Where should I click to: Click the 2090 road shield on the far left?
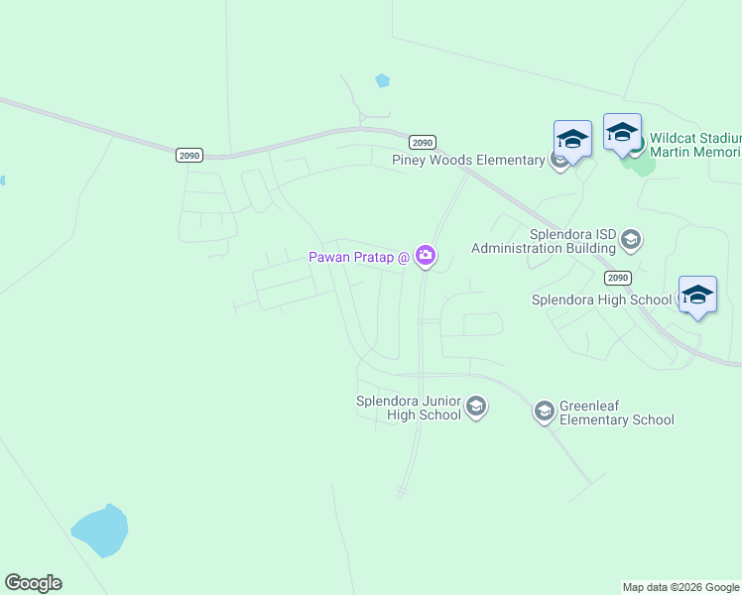[188, 155]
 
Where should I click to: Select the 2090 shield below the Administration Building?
[617, 278]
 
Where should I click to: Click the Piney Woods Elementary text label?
[468, 160]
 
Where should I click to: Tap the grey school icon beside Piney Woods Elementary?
[559, 161]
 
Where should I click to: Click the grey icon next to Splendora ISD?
[631, 239]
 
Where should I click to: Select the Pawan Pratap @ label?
[359, 257]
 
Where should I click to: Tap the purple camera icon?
[426, 257]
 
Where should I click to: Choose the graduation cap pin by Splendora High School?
[697, 295]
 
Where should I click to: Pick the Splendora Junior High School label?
[409, 408]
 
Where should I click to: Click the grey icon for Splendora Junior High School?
[477, 407]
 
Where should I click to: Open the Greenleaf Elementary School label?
[616, 413]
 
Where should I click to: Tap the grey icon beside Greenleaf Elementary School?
[544, 411]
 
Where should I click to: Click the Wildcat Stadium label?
[694, 138]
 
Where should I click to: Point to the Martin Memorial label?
[694, 152]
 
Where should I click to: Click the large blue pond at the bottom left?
[99, 532]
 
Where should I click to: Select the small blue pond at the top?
[382, 80]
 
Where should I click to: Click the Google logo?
[34, 583]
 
